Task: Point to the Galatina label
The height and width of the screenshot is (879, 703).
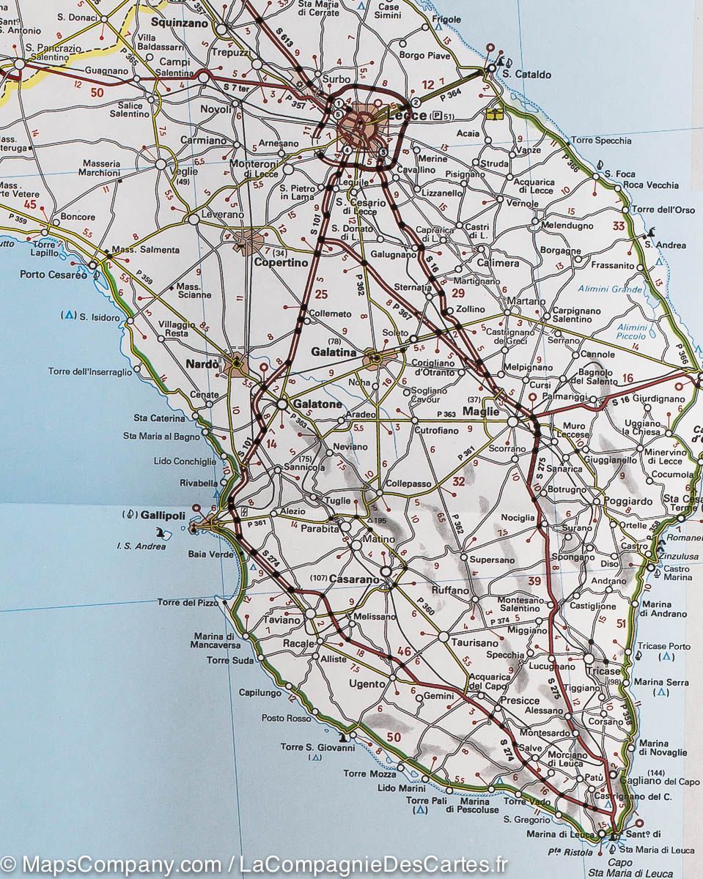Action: coord(334,352)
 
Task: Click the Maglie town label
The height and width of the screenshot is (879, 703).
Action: coord(481,411)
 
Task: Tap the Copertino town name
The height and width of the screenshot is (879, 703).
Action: coord(281,262)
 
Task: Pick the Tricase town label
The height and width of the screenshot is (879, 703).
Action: coord(603,671)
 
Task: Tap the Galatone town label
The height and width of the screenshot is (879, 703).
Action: coord(317,404)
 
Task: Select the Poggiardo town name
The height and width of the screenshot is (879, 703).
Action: coord(628,501)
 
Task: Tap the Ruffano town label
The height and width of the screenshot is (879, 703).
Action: coord(449,590)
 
